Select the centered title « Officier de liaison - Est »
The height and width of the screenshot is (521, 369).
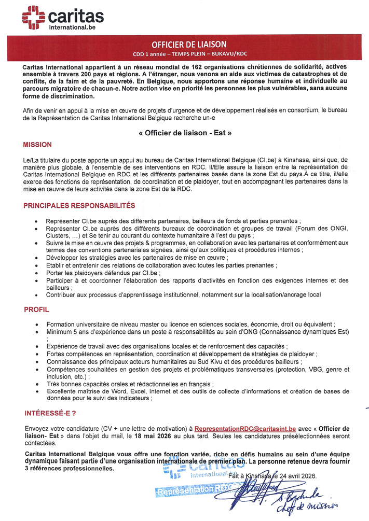click(x=185, y=133)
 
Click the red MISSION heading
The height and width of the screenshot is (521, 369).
click(x=38, y=145)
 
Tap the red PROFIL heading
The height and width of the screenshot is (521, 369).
click(x=36, y=309)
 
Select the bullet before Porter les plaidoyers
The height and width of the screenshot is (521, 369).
click(x=35, y=273)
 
